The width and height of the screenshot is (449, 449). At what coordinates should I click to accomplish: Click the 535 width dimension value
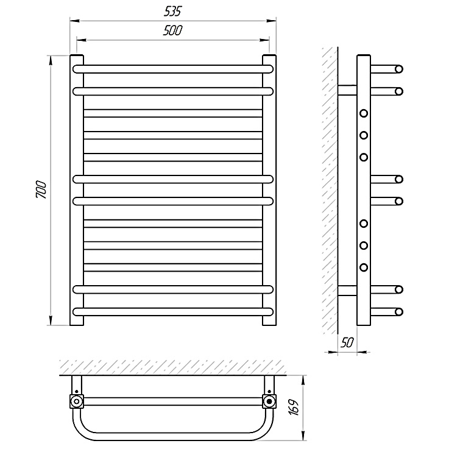tap(173, 12)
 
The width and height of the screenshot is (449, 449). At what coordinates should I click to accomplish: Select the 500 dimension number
tap(172, 30)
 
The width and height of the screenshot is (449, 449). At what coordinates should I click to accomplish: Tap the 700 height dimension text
tap(41, 189)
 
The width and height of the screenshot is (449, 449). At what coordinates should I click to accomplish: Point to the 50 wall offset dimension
tap(347, 342)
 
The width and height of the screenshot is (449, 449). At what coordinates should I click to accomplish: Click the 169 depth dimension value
tap(294, 406)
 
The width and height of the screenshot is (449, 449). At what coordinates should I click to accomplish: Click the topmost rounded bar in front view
tap(173, 69)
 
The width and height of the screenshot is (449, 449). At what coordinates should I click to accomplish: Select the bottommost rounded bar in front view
tap(173, 311)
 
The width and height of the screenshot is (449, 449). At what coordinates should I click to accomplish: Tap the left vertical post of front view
tap(76, 190)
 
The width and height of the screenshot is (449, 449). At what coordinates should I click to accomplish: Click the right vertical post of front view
tap(269, 190)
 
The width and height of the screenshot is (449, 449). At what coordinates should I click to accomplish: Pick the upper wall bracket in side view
tap(347, 90)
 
